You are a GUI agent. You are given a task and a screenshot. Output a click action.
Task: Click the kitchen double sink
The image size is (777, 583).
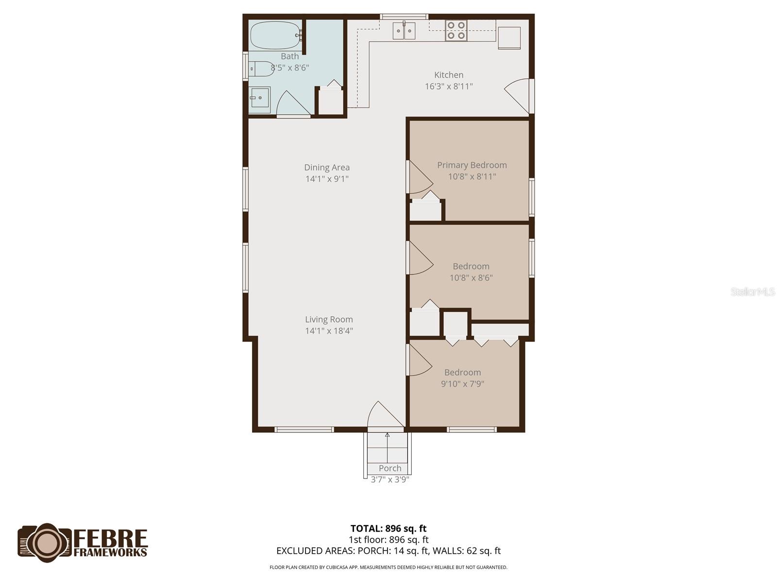tap(404, 31)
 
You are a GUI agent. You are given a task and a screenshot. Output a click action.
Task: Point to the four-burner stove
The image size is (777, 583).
tap(456, 31)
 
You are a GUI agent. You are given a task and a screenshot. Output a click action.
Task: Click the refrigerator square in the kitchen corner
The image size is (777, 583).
tap(509, 37)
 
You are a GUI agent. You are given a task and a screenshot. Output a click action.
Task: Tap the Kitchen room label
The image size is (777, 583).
tap(449, 75)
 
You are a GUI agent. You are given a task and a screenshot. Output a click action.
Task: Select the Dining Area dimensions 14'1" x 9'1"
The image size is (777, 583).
tap(327, 179)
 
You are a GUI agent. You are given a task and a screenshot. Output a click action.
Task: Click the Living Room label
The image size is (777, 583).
tap(329, 319)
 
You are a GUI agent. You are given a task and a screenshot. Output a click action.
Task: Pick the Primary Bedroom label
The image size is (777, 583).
tap(472, 165)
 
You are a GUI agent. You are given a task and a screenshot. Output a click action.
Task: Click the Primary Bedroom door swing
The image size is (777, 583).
tap(421, 177)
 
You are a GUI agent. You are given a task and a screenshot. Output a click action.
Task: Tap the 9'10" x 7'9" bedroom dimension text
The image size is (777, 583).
tap(462, 384)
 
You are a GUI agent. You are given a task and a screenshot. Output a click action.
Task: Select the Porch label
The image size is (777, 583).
tap(390, 468)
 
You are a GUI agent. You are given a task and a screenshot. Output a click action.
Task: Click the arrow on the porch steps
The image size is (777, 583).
tap(387, 448)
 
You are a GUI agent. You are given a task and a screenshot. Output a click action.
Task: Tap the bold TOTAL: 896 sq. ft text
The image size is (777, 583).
tap(388, 529)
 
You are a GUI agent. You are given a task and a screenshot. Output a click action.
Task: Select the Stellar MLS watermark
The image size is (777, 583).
tap(753, 291)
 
